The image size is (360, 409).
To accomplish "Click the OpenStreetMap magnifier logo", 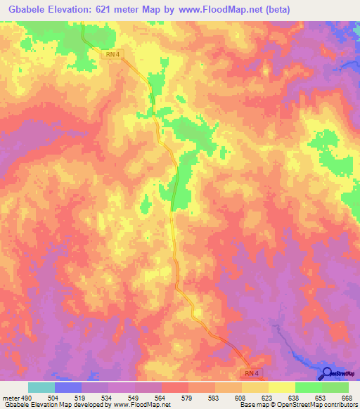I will pos(326,375).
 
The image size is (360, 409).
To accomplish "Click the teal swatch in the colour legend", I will pos(41,387).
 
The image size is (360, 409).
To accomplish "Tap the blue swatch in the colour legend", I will pos(67,387).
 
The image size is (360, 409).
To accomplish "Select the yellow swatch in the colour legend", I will pos(281,387).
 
